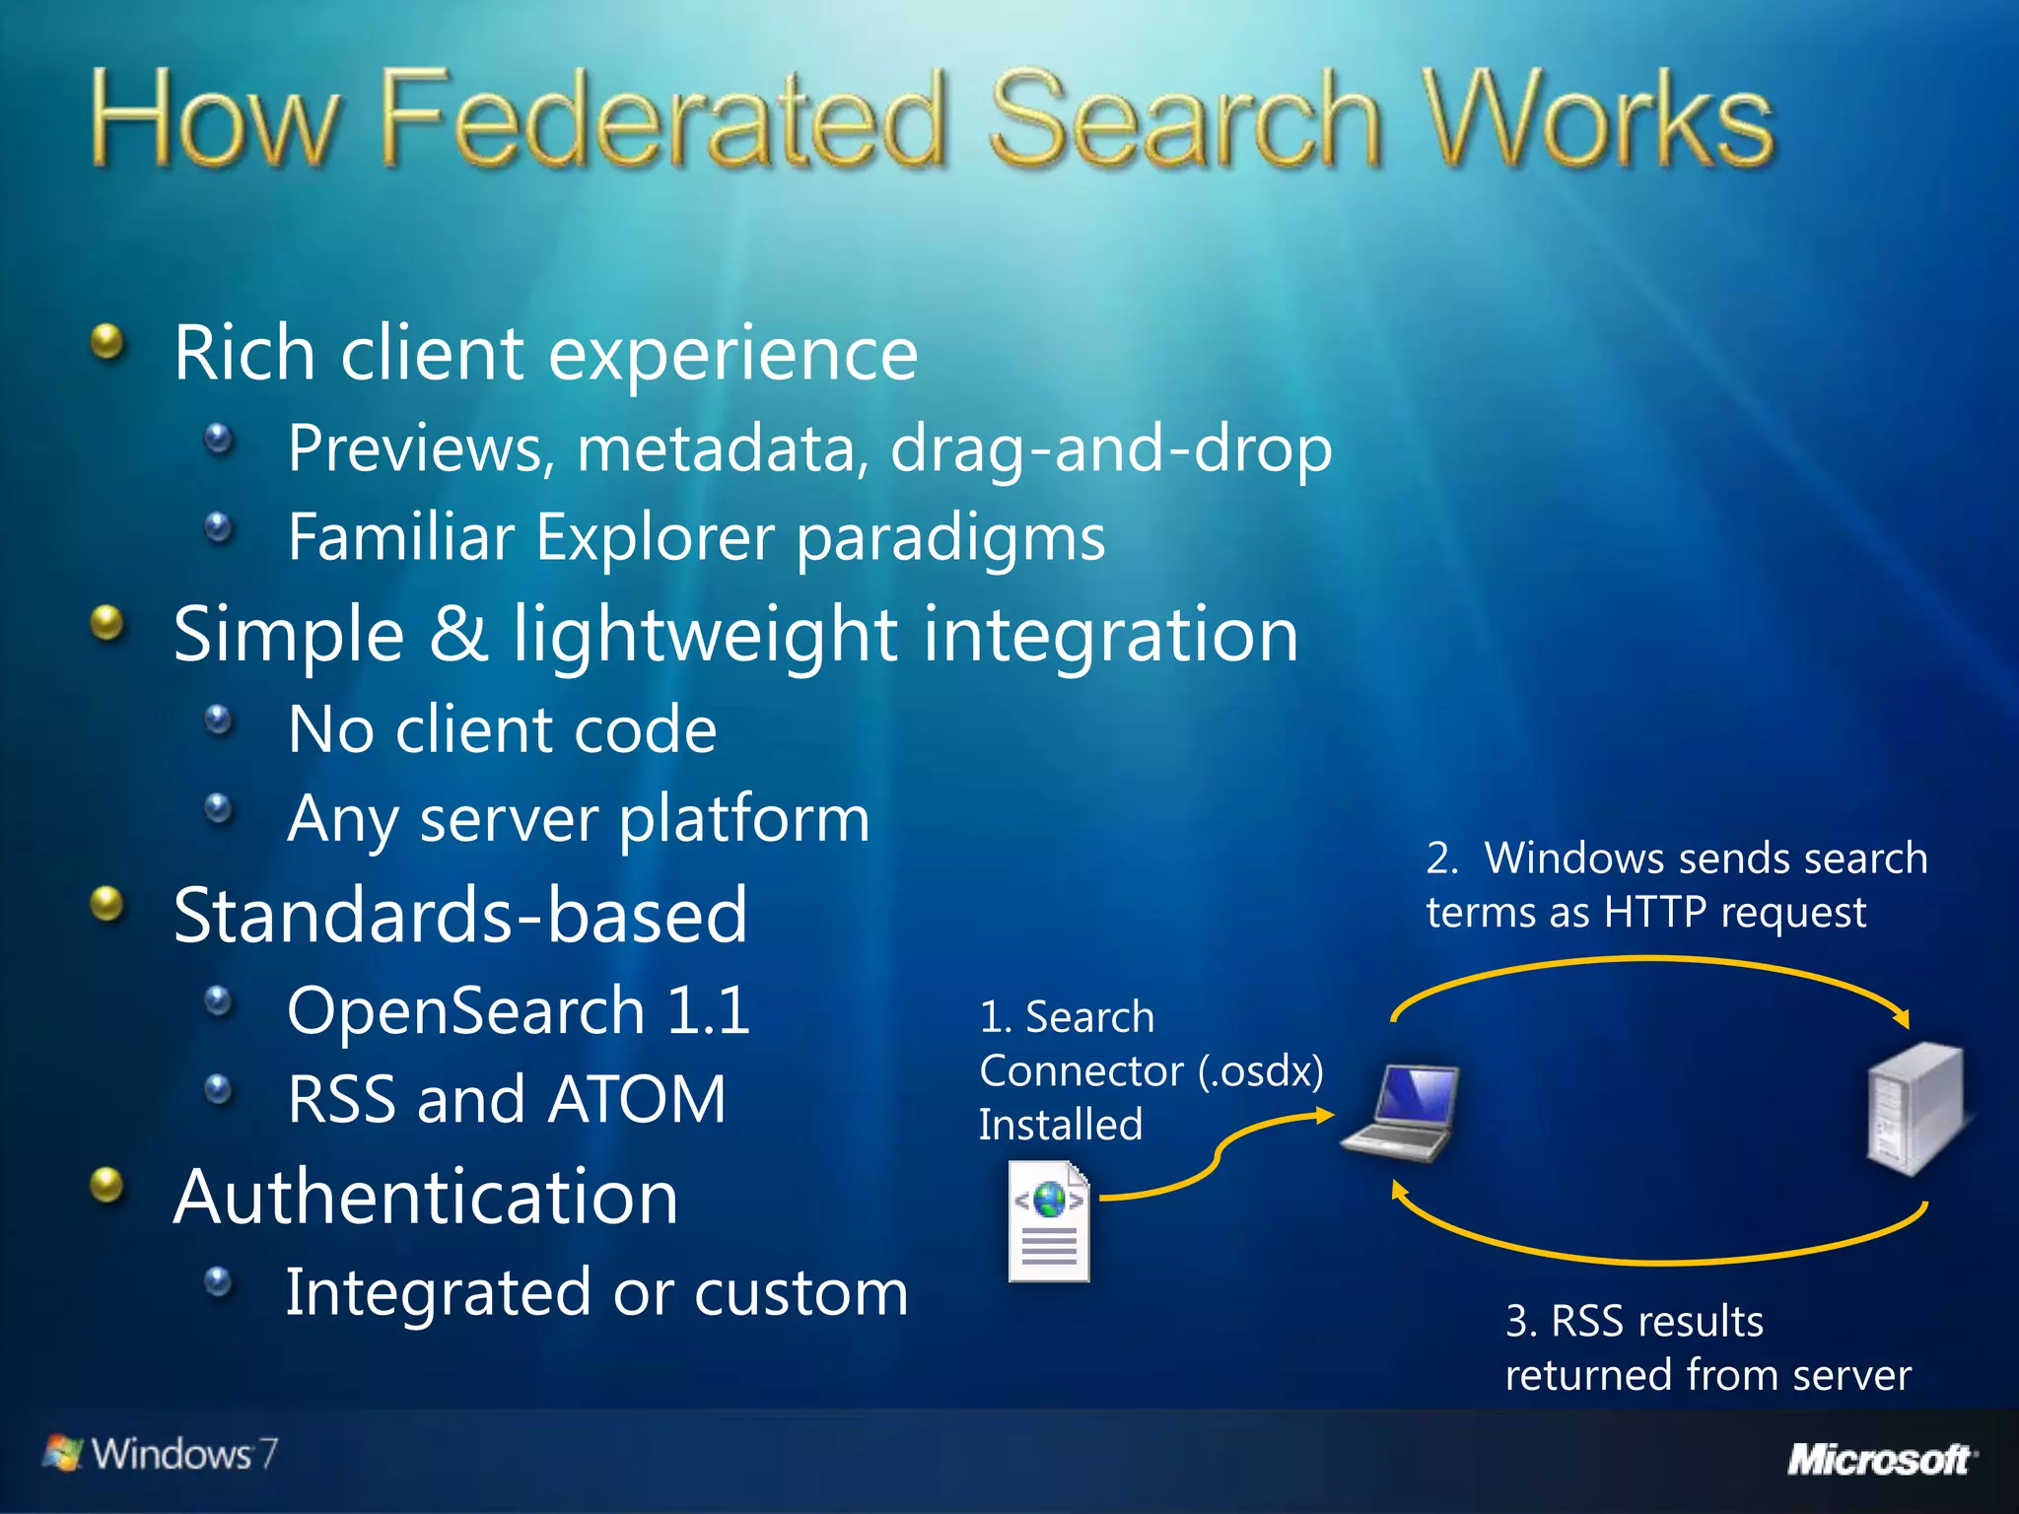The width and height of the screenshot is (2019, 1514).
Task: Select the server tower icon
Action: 1915,1109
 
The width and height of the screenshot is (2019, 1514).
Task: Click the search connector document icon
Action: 1049,1222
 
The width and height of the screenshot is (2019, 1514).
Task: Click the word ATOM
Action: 637,1100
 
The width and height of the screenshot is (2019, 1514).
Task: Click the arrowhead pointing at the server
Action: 1903,1019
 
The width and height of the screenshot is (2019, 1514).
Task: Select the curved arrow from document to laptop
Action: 1218,1153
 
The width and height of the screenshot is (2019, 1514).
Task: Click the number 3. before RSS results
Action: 1521,1322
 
